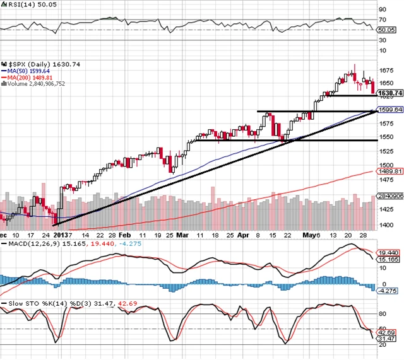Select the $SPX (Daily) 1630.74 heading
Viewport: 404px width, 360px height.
(37, 64)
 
